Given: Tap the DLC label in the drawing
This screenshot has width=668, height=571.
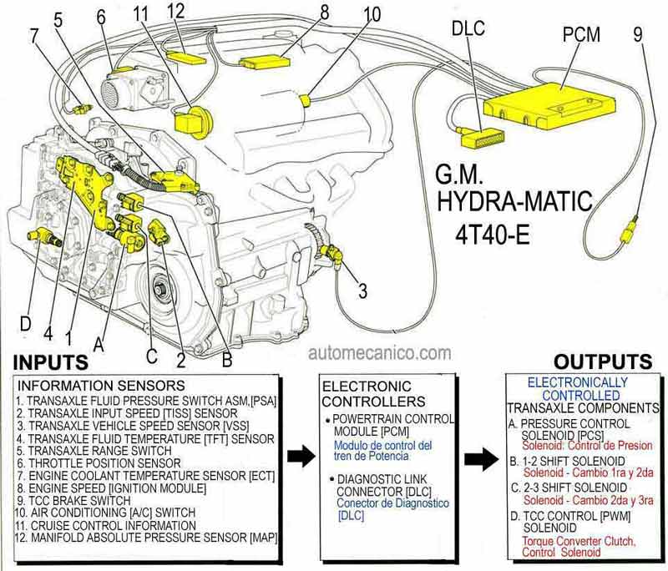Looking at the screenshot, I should coord(468,28).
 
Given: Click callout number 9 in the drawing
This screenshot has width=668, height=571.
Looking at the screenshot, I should coord(639,36).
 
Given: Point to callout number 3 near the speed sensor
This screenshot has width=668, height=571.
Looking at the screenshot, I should coord(362,291).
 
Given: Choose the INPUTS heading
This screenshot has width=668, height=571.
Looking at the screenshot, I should coord(51,362).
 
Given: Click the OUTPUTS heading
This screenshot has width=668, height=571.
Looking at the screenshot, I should coord(603,361).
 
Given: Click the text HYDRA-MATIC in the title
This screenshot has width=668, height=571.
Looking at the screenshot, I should coord(515,201).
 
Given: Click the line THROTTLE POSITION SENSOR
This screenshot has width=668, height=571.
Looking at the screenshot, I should coord(99,462).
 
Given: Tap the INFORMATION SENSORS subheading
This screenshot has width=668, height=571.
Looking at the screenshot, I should coord(101,386).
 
